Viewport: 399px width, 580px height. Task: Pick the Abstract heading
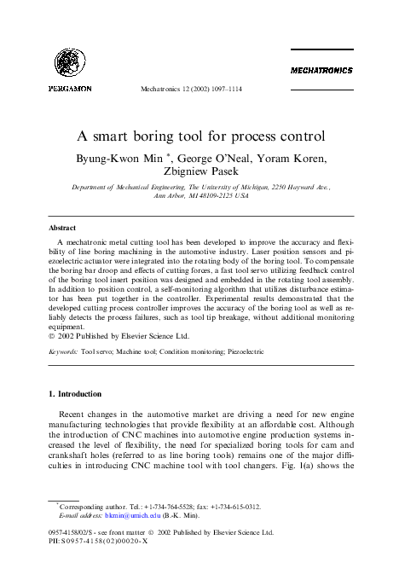click(x=62, y=228)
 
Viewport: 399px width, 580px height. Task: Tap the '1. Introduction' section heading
click(x=75, y=394)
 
